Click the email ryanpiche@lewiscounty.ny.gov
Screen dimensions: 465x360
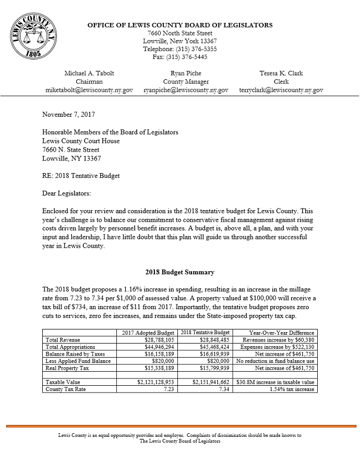click(x=186, y=90)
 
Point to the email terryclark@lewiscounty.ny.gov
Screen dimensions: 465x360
click(x=281, y=90)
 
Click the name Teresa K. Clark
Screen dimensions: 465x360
click(x=281, y=74)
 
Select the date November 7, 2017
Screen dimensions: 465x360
click(x=68, y=114)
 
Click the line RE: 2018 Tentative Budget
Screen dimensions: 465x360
click(x=81, y=176)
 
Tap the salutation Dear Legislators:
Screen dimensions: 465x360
click(x=66, y=193)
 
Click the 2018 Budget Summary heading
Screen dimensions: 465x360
click(x=179, y=272)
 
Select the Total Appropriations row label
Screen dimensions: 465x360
click(x=70, y=346)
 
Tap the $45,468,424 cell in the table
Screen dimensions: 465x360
click(x=211, y=346)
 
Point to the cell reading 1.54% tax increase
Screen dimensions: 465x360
click(x=291, y=389)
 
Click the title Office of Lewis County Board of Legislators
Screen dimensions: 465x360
click(x=179, y=25)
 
